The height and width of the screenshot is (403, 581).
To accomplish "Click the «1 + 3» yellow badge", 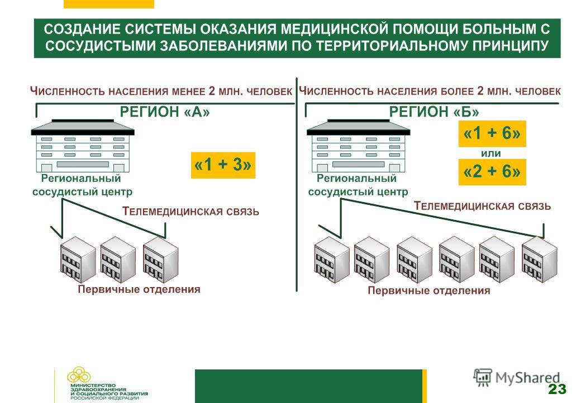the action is (223, 165).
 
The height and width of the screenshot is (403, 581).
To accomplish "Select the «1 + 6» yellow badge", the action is (492, 134).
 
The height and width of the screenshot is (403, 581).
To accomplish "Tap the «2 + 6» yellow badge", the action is (492, 172).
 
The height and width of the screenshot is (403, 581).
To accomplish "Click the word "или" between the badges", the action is (491, 153).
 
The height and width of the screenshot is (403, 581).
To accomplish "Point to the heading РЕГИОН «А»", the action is (164, 112).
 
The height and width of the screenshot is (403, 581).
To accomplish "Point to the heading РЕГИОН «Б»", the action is (434, 112).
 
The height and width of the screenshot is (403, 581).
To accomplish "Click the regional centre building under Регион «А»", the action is (83, 146).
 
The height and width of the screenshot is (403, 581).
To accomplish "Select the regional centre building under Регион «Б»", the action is (358, 146).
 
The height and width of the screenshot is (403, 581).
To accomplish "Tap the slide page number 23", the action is (557, 389).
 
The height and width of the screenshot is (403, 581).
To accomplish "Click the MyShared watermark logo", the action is (516, 377).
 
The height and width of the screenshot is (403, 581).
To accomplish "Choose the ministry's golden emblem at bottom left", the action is (79, 375).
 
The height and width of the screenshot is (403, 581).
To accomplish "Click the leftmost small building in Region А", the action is (78, 260).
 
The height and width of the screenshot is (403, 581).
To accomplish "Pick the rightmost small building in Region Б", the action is (539, 260).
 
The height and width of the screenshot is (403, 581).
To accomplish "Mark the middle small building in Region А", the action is (118, 260).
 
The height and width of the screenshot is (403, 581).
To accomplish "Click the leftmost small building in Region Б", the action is (332, 260).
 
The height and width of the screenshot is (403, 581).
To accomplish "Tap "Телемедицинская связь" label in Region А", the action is (191, 212).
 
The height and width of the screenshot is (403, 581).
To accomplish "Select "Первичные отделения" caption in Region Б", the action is (428, 290).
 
